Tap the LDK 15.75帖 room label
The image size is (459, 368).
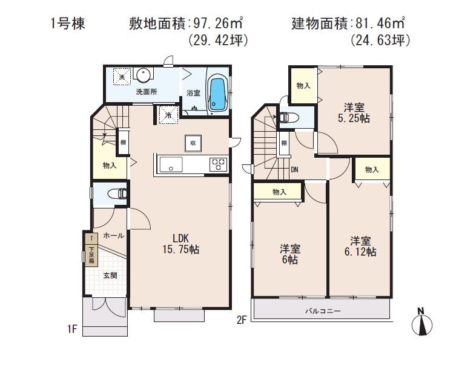(x=180, y=243)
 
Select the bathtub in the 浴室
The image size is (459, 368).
(x=217, y=95)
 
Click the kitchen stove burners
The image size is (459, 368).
(x=217, y=163)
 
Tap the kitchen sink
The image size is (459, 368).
(x=169, y=163)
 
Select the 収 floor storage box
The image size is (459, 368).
(x=193, y=143)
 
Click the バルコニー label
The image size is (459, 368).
(x=322, y=311)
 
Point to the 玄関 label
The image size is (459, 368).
(x=110, y=275)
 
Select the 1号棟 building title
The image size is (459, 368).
(x=68, y=25)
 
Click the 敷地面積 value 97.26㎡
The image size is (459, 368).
(x=218, y=25)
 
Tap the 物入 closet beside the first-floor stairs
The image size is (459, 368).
(x=110, y=165)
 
